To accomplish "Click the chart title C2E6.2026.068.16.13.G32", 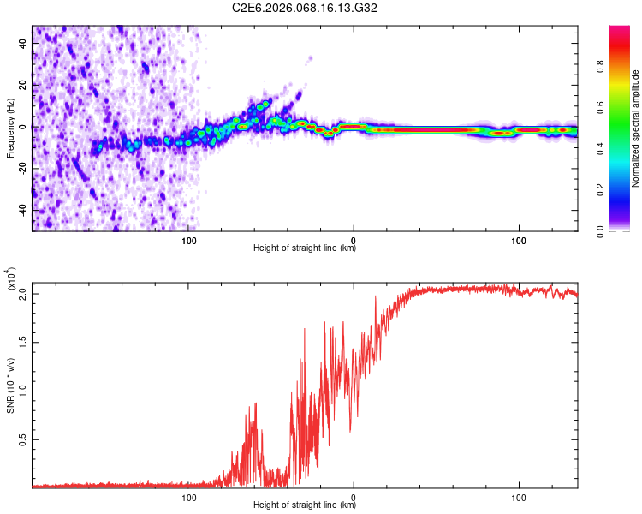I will click(305, 8).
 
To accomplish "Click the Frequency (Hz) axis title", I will click(10, 128).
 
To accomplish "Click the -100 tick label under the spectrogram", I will click(188, 240).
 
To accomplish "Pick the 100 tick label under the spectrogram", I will click(518, 240).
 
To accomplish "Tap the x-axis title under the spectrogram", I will click(305, 249).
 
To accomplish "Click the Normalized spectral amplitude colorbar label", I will click(636, 128).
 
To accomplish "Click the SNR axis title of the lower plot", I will click(10, 385).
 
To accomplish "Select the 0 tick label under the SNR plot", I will click(354, 497).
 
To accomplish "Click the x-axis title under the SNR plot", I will click(305, 506).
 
